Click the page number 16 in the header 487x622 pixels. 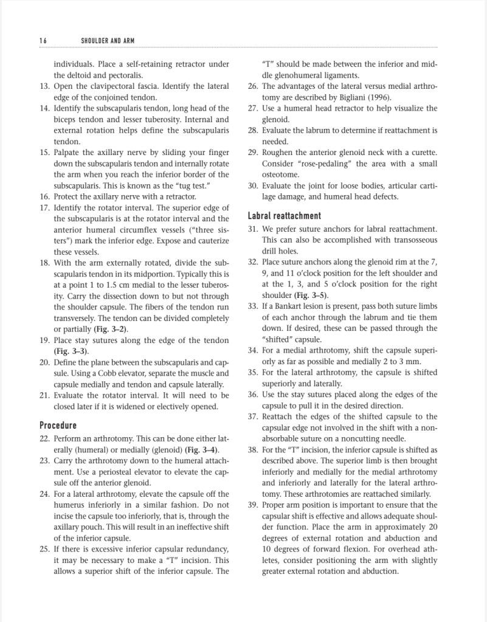(43, 41)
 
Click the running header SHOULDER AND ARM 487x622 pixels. (108, 41)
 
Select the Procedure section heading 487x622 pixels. (58, 425)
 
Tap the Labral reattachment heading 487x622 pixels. (285, 216)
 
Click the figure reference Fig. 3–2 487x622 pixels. (110, 329)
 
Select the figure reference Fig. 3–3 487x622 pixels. (70, 351)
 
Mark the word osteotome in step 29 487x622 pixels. (281, 175)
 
